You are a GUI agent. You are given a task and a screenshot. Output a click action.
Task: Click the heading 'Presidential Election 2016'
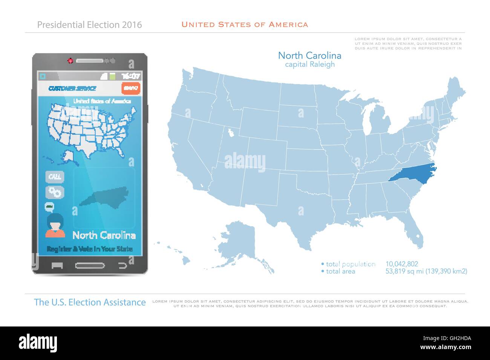[90, 25]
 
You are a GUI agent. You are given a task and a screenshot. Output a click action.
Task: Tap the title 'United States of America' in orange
[245, 24]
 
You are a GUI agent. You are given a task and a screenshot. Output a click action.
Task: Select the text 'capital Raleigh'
[309, 64]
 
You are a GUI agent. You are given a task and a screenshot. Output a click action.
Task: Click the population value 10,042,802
[401, 264]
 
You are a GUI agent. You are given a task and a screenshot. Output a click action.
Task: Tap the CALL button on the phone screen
[55, 177]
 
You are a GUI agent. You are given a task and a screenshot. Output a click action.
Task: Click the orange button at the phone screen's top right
[131, 88]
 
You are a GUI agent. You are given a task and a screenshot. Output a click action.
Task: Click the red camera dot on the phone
[70, 60]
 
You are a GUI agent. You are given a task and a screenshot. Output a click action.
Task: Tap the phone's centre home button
[90, 265]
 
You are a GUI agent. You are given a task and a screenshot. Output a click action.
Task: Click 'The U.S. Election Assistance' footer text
[90, 302]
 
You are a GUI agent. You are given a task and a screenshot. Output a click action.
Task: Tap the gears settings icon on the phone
[55, 192]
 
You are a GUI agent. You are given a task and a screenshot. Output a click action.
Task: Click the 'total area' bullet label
[340, 271]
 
